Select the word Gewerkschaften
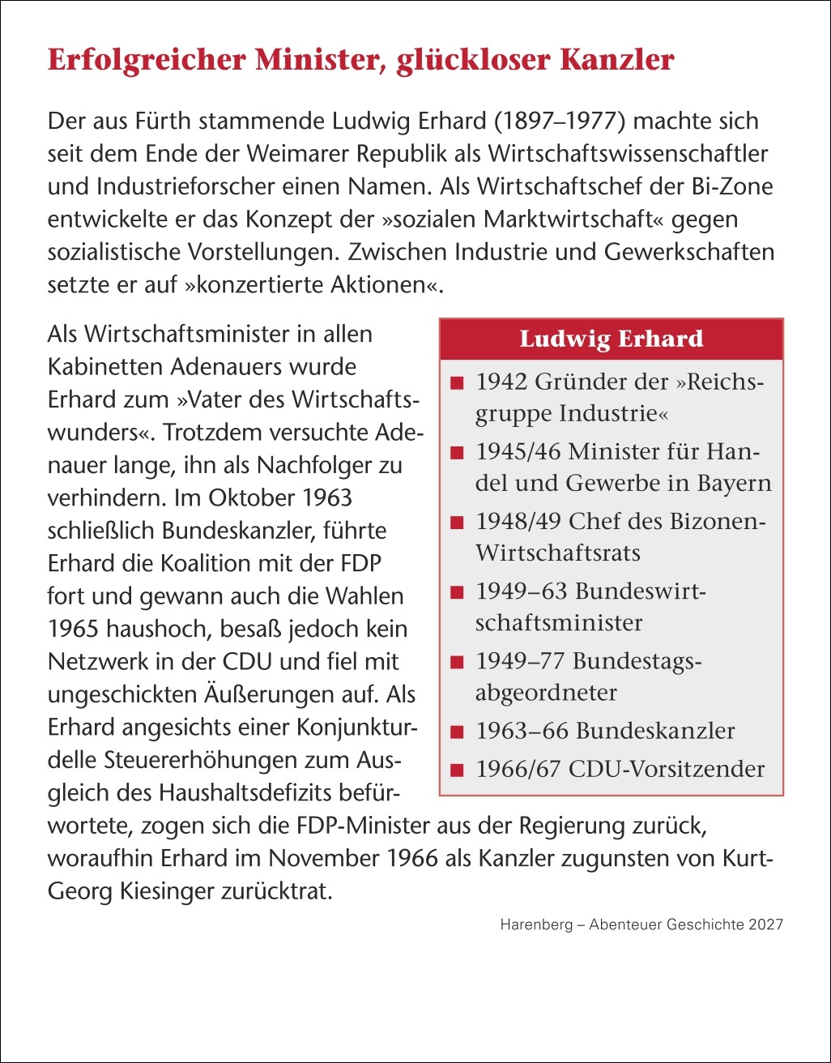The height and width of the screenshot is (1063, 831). click(x=689, y=252)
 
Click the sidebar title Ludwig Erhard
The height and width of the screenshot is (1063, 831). click(x=612, y=339)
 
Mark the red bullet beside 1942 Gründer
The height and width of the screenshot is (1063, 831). click(x=458, y=382)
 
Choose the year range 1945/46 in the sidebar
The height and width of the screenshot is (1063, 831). click(x=518, y=450)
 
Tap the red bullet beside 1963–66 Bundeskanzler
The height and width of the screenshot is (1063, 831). click(x=458, y=732)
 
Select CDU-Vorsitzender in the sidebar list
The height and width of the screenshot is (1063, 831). click(x=667, y=768)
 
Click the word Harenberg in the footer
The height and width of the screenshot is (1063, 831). click(x=535, y=924)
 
